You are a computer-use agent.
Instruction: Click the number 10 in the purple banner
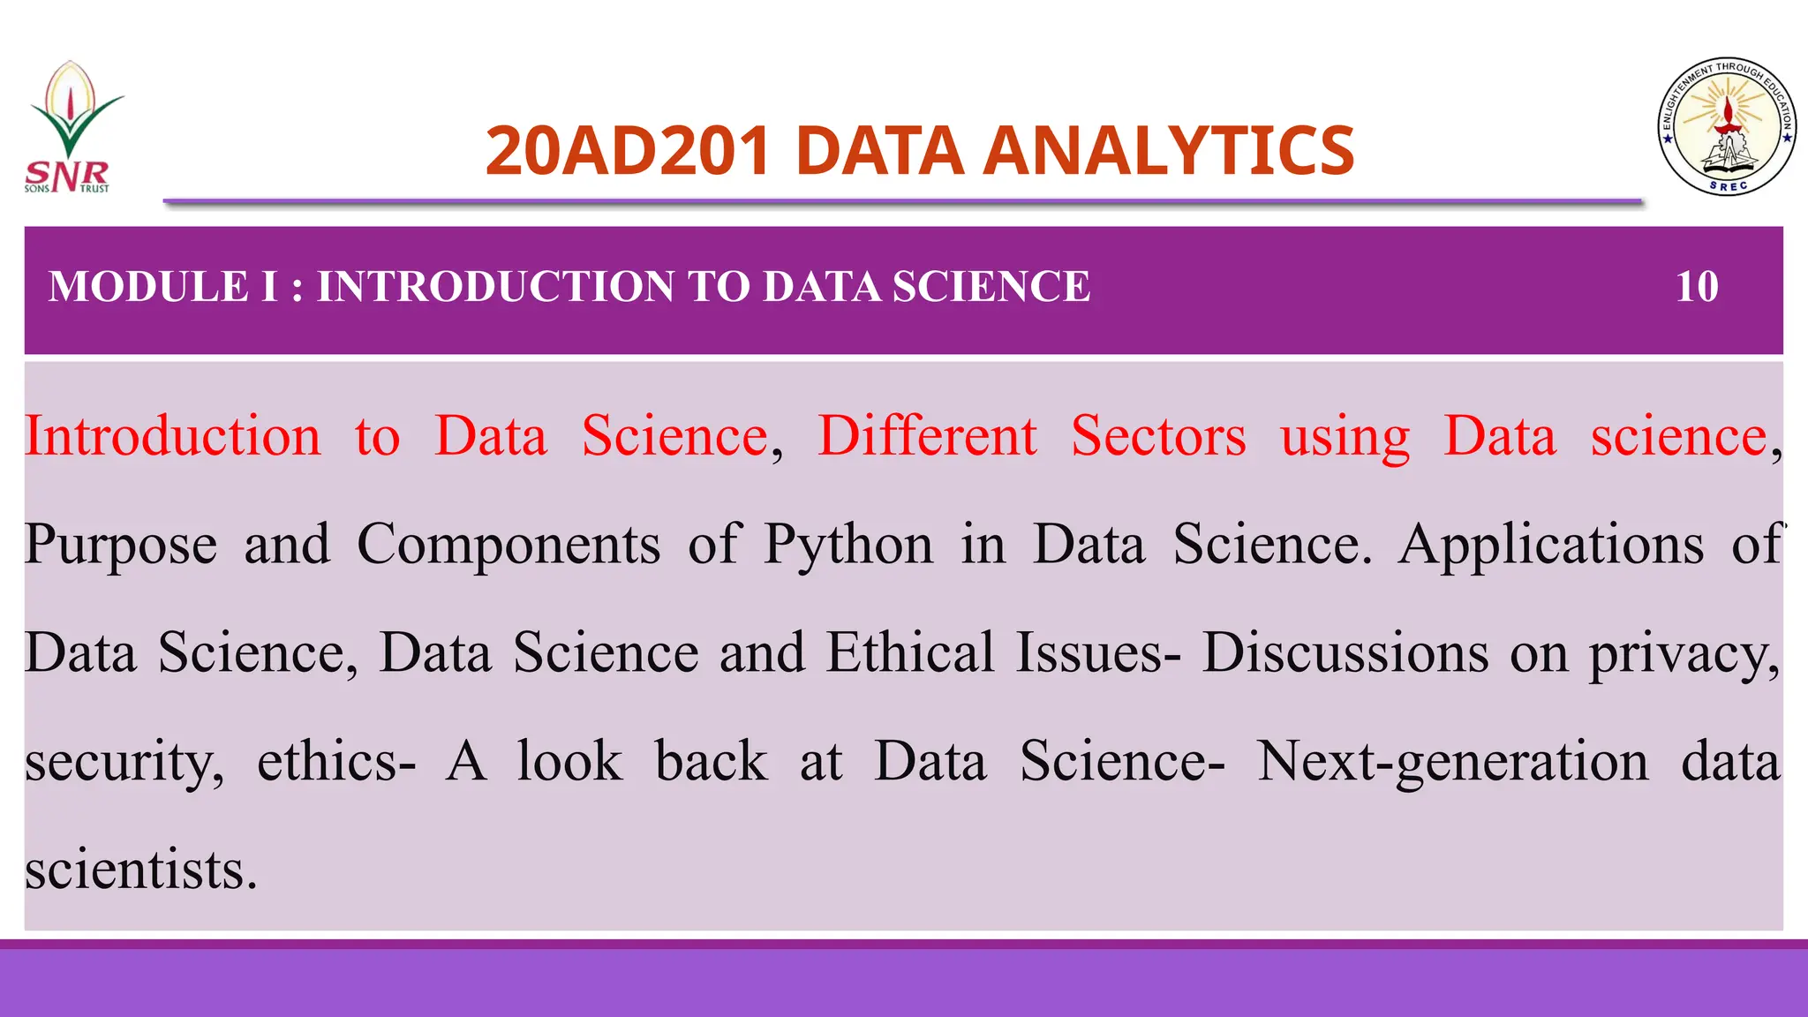tap(1697, 287)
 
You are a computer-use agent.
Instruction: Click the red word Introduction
tap(173, 436)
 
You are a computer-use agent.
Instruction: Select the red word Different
tap(927, 436)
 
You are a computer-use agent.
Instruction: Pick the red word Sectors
tap(1158, 436)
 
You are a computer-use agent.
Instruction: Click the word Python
tap(848, 545)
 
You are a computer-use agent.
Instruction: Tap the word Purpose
tap(121, 545)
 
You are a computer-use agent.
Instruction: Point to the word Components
tap(508, 545)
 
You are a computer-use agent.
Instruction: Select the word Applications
tap(1551, 545)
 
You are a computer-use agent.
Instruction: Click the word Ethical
tap(910, 653)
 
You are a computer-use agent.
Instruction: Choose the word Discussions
tap(1345, 653)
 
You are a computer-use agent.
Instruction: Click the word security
tap(124, 763)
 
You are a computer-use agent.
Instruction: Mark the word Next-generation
tap(1452, 763)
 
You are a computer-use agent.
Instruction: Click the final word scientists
tap(140, 870)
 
